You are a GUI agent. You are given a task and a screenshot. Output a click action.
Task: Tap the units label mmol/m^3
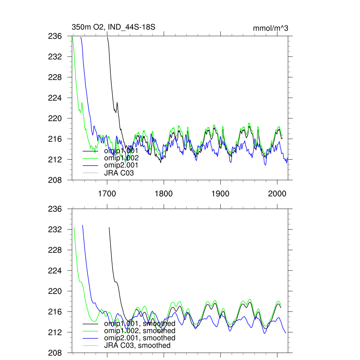(270, 28)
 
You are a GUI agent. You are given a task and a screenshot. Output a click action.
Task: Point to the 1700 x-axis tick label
(107, 194)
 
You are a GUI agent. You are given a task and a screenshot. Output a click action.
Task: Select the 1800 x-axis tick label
(163, 194)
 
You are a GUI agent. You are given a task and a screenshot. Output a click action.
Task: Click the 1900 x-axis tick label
(220, 194)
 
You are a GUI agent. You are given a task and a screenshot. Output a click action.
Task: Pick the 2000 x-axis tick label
(277, 194)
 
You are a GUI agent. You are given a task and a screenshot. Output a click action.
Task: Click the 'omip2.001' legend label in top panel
(121, 165)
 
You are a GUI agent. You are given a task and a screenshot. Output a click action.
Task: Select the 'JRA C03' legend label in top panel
(119, 173)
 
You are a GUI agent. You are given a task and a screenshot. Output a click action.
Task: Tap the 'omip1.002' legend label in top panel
(121, 158)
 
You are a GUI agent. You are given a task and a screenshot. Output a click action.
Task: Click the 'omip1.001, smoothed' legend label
(140, 323)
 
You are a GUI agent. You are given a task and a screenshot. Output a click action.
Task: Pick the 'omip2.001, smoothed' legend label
(140, 338)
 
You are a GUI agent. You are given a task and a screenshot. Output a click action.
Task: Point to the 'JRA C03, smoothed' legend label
(137, 346)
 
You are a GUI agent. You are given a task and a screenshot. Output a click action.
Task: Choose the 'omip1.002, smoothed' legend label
(140, 331)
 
